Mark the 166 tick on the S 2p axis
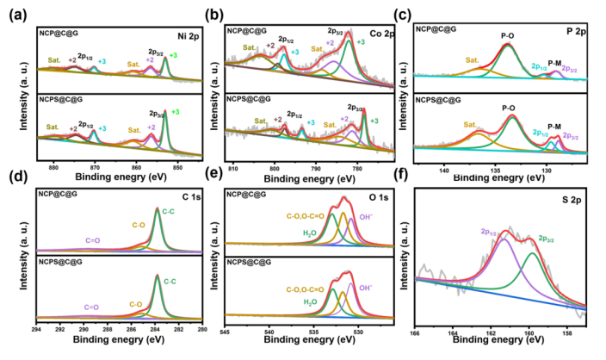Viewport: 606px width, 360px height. click(x=415, y=332)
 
